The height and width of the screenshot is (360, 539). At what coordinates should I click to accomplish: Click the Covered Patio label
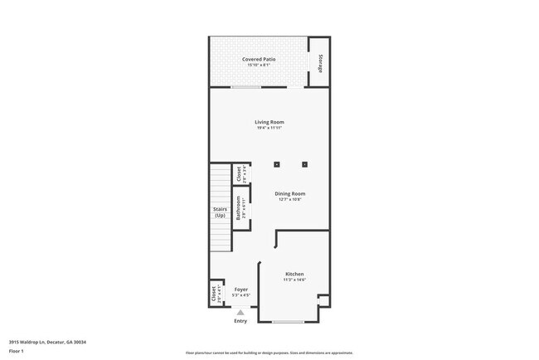point(259,60)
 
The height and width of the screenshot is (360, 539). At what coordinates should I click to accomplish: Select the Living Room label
point(269,123)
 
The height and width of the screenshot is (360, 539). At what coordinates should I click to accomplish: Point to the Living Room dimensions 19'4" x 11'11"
point(269,129)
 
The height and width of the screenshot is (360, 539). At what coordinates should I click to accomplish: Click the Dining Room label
point(290,194)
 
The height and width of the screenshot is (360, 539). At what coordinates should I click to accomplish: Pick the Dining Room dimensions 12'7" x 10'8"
point(290,200)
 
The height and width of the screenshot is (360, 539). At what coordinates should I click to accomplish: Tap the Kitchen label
point(294,274)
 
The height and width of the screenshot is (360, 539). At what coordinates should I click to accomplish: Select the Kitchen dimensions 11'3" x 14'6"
point(294,280)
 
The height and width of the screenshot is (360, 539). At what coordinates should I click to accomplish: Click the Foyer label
point(241,289)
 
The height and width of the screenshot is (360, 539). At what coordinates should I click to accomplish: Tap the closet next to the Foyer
point(216,294)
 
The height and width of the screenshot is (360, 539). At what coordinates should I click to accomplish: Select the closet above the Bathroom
point(241,173)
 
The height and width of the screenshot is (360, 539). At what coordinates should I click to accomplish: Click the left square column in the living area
point(277,163)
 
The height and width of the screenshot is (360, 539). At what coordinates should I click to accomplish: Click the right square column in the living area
point(304,163)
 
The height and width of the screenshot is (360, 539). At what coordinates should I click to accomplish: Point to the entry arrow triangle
point(240,312)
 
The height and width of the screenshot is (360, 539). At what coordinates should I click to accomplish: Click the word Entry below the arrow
point(240,321)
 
